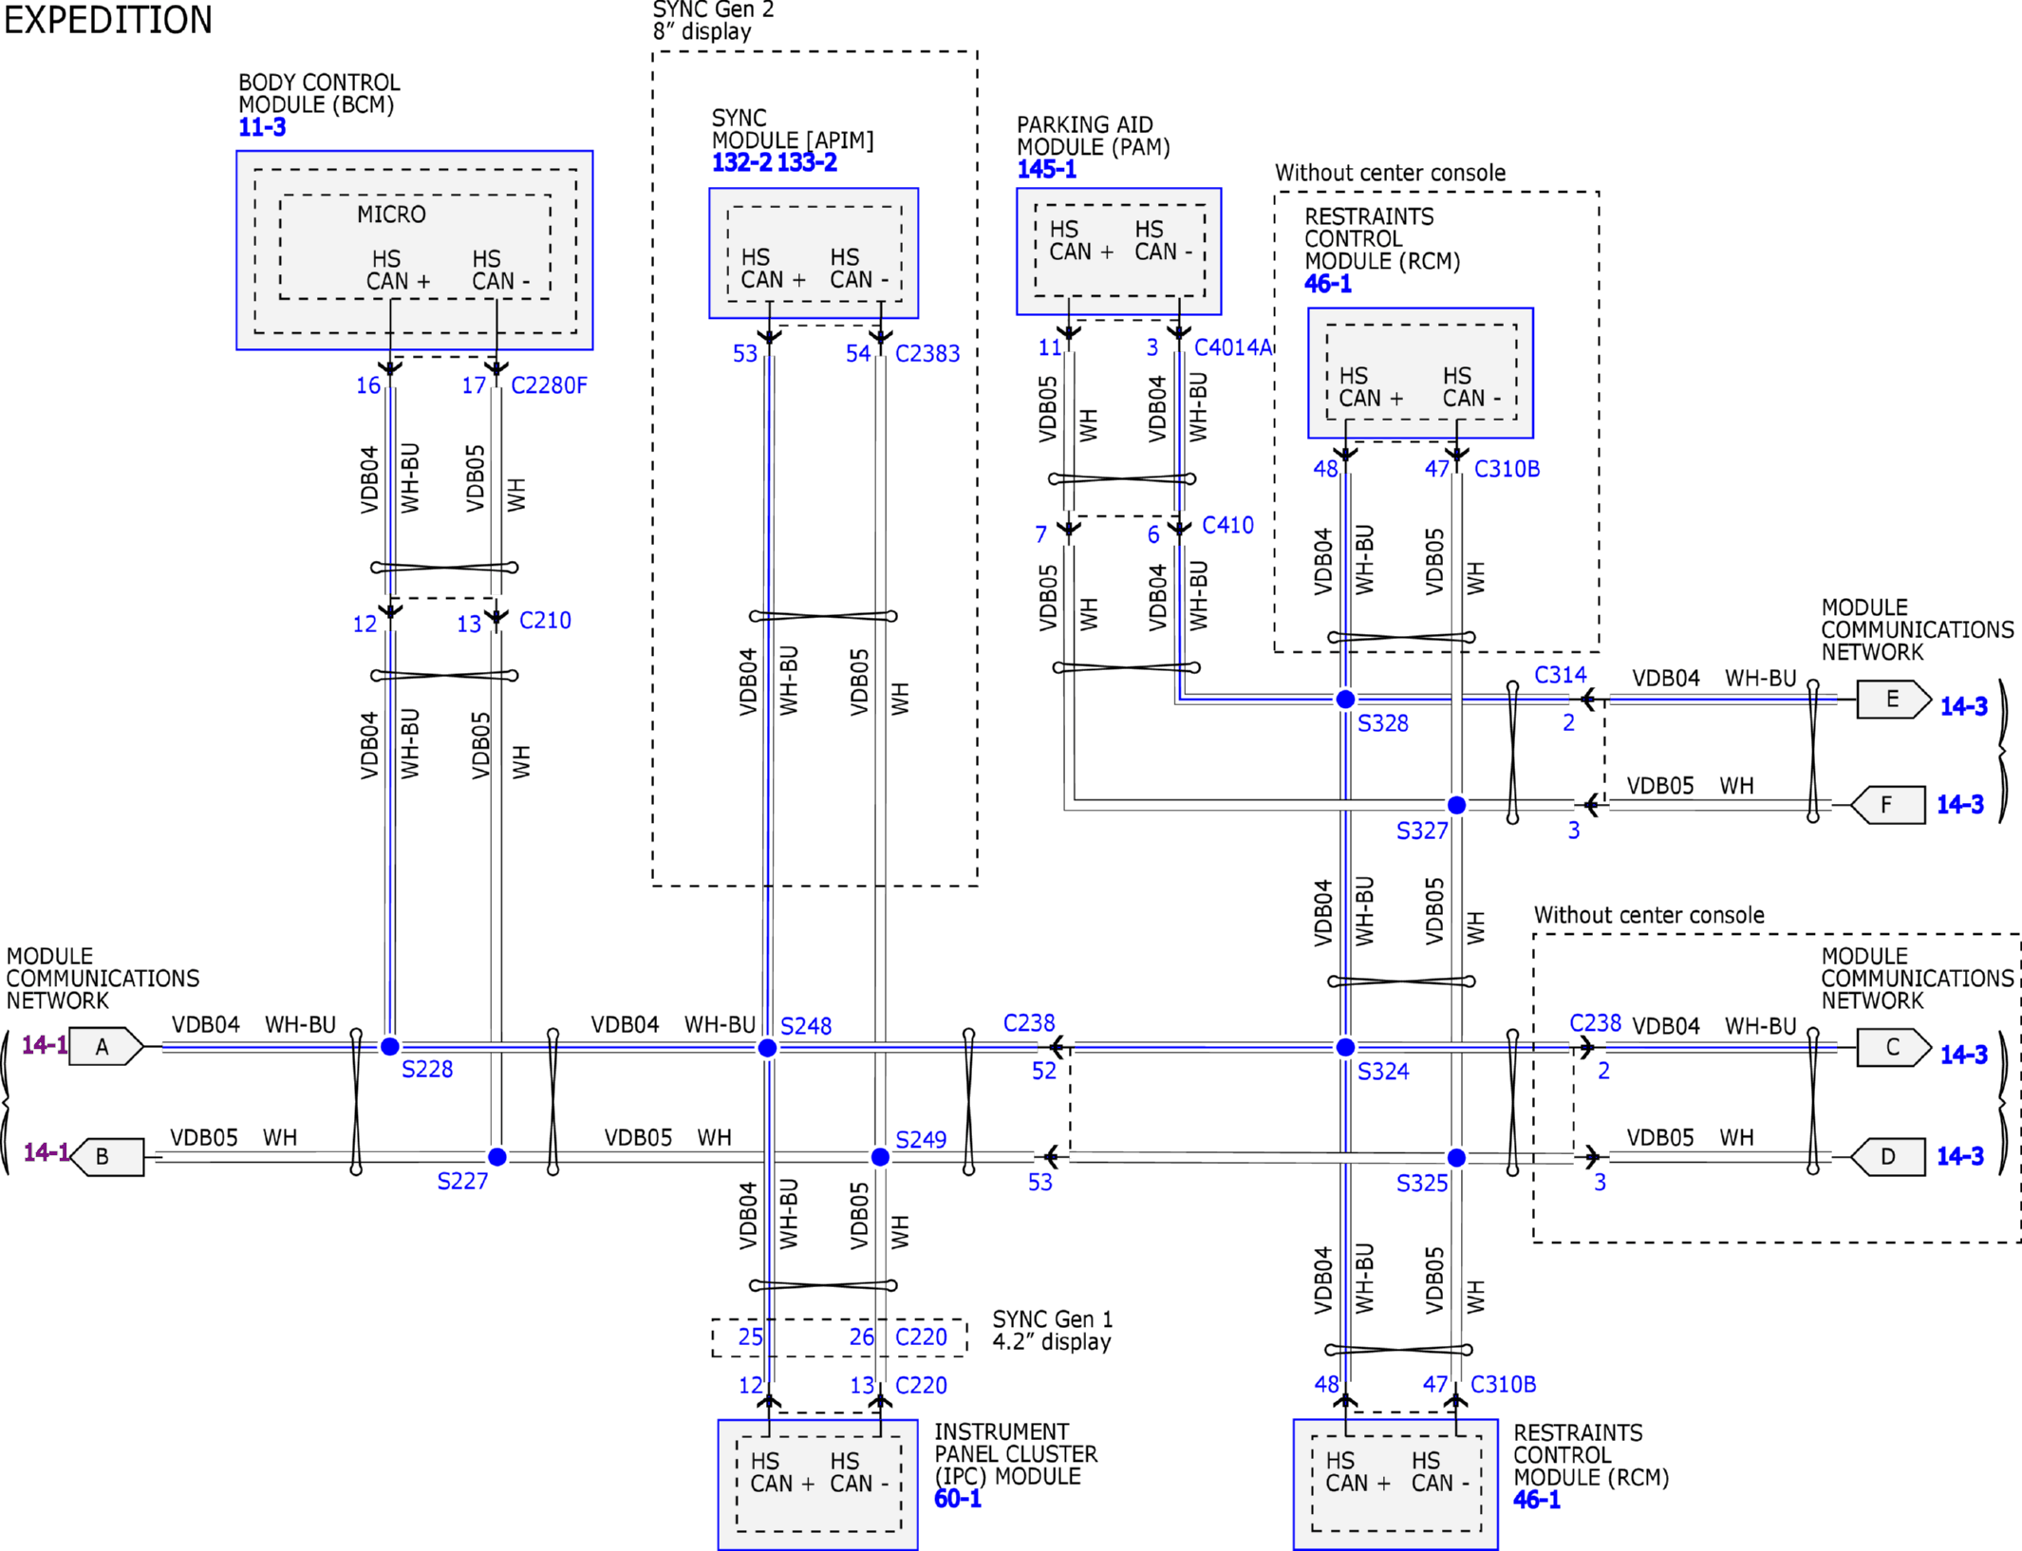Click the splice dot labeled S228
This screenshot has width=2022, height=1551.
(390, 1046)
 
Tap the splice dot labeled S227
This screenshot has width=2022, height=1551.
(497, 1156)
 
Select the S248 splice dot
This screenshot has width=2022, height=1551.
(768, 1047)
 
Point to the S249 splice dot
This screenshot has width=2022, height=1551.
(880, 1156)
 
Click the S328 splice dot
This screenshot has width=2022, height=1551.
(1345, 699)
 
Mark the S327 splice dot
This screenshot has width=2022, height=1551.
(1457, 805)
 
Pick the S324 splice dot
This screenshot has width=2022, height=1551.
(1345, 1047)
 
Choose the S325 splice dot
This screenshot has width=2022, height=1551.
(1457, 1157)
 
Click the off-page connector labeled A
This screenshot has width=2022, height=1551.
(106, 1046)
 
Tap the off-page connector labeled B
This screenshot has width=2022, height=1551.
(107, 1156)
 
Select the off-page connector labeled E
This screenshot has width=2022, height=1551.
(1894, 700)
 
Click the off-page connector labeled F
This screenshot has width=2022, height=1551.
(1888, 805)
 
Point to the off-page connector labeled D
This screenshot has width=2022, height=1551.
(1888, 1156)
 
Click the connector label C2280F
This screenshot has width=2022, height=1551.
(549, 385)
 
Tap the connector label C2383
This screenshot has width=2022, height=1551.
(927, 353)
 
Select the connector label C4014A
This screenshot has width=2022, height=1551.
(1232, 347)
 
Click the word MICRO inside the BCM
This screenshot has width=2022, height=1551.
(391, 215)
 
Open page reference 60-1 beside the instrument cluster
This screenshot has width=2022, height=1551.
(958, 1499)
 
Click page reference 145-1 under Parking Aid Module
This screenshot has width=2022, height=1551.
(1047, 169)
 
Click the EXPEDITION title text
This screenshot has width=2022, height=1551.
(108, 20)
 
